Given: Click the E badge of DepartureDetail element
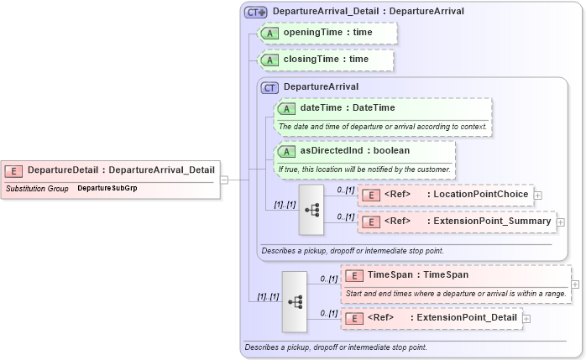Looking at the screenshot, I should (x=14, y=170).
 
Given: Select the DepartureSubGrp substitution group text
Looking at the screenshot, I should (x=107, y=189).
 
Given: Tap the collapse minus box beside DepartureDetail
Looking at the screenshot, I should (x=224, y=180).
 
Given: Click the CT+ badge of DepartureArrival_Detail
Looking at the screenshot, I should (x=255, y=13).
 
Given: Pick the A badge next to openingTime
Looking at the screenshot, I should (x=270, y=32).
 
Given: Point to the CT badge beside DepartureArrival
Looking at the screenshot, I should (x=270, y=86).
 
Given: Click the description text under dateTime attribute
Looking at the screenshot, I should (x=382, y=127).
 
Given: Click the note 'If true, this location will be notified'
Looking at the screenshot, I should (x=364, y=170).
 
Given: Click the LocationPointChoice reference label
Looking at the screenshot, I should (x=478, y=195).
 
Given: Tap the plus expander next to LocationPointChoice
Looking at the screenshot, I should (x=538, y=195).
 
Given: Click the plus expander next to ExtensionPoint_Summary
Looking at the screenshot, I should (x=561, y=222).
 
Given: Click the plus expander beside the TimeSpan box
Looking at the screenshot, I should (x=575, y=284).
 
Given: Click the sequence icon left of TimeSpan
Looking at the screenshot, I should (x=295, y=300).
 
